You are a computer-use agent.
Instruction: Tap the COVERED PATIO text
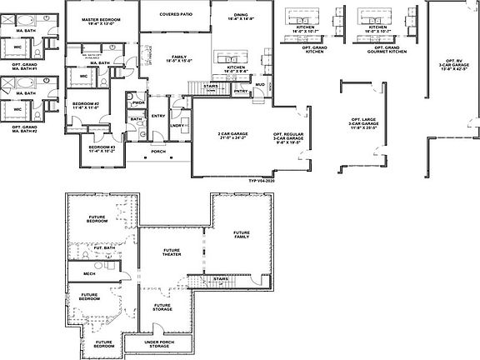(x=174, y=14)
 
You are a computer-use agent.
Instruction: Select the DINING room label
(x=240, y=15)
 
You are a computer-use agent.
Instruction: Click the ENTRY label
(x=158, y=116)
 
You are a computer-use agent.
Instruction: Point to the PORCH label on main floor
(x=157, y=152)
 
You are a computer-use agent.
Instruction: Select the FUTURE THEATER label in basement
(x=172, y=252)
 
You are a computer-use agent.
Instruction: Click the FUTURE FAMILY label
(x=242, y=235)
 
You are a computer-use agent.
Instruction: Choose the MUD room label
(x=259, y=84)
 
